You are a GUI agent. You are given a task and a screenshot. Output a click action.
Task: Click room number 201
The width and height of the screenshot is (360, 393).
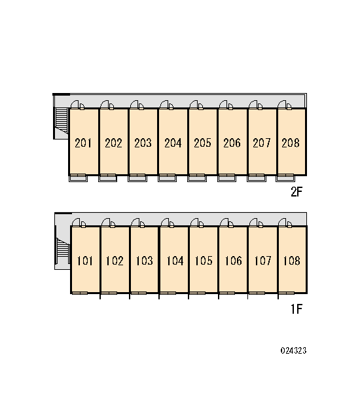(x=83, y=143)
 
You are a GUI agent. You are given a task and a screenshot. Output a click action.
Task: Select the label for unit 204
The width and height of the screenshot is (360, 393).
(x=173, y=143)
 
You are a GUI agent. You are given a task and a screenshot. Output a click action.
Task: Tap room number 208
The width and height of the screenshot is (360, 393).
(x=291, y=143)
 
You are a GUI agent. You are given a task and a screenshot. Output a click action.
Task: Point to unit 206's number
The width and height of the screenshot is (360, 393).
(x=232, y=143)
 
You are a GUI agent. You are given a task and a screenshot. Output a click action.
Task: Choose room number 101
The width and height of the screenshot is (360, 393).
(x=84, y=261)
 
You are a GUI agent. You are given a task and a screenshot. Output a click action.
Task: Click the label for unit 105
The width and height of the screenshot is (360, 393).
(x=204, y=261)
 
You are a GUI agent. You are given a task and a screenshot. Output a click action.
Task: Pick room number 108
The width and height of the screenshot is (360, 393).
(x=292, y=261)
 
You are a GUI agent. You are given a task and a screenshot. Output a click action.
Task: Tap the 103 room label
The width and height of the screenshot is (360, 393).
(x=144, y=261)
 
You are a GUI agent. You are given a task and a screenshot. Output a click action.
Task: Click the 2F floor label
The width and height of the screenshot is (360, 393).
(x=297, y=192)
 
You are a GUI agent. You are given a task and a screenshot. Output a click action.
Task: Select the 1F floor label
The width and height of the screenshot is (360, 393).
(x=297, y=309)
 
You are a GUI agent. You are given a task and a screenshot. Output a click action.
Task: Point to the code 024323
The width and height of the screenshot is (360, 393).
(x=293, y=350)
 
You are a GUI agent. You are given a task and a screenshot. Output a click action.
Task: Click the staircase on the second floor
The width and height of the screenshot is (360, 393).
(x=62, y=121)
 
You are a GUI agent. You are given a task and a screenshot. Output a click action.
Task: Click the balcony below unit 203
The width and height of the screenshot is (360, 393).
(x=137, y=178)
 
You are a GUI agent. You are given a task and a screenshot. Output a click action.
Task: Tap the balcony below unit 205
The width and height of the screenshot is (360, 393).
(x=197, y=178)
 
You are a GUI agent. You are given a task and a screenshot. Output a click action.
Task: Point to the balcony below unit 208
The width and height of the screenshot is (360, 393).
(x=285, y=178)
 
